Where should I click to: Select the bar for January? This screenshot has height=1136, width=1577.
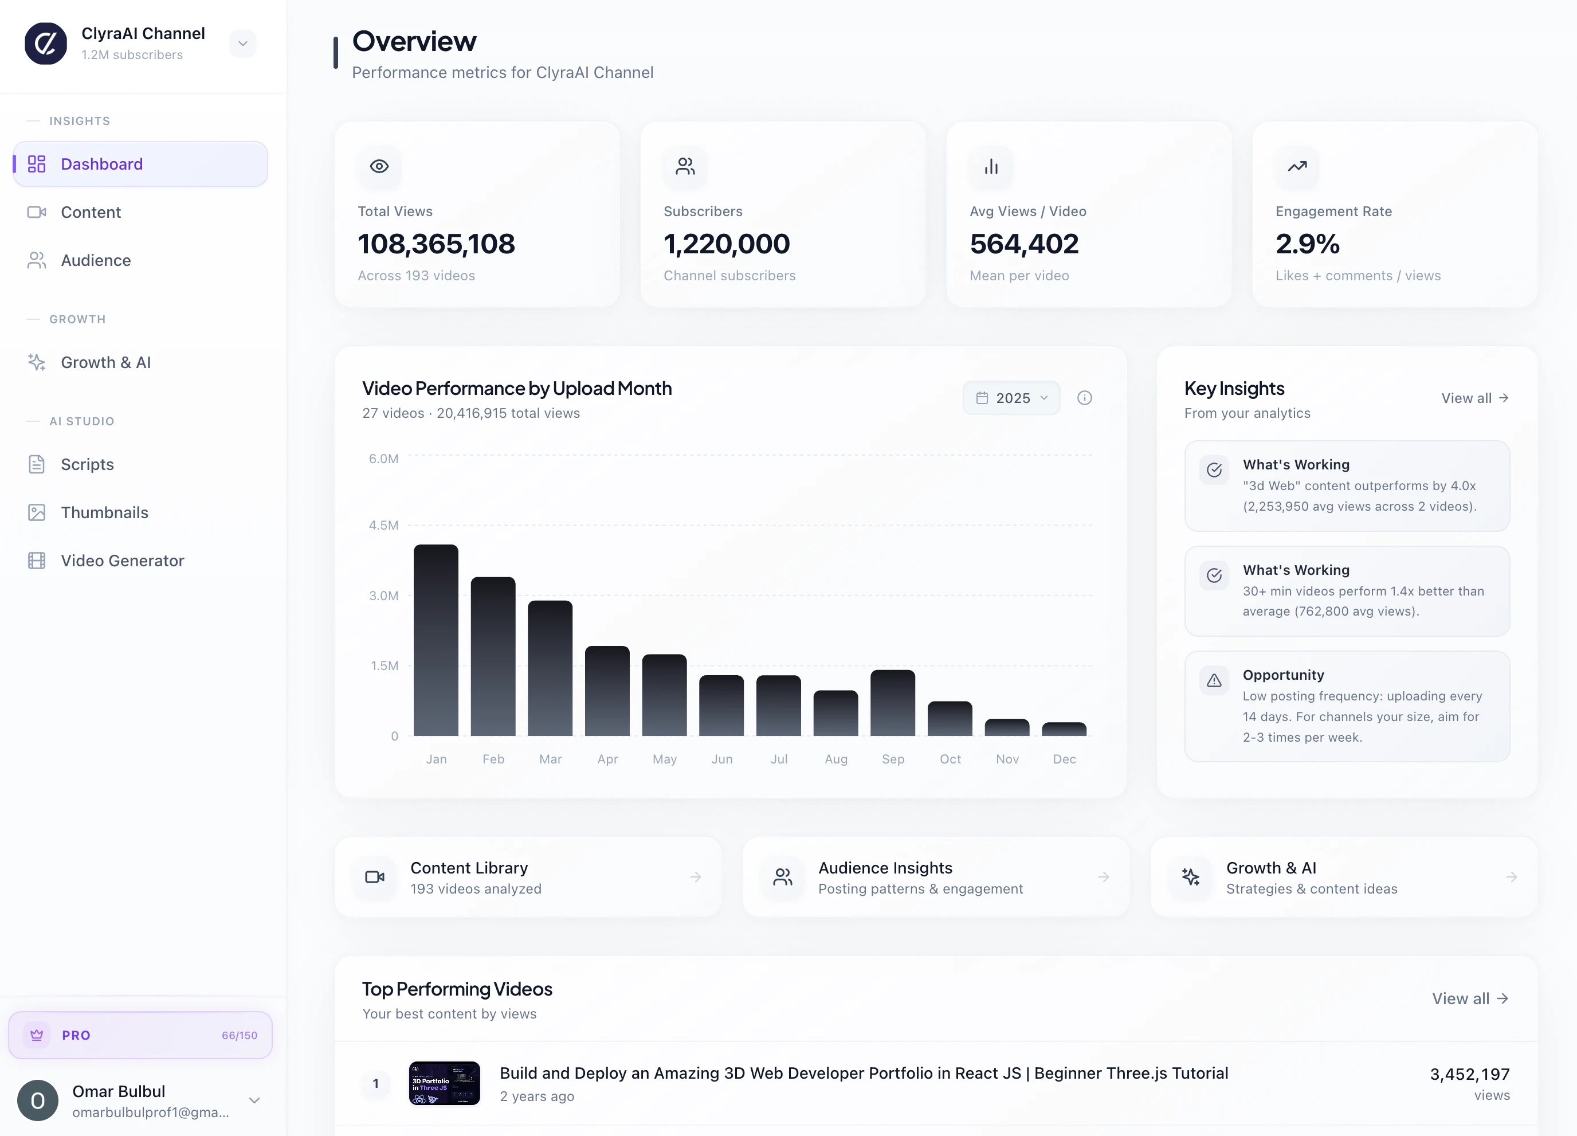click(436, 640)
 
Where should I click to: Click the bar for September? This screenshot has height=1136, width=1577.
click(892, 703)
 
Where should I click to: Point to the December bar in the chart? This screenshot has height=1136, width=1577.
click(1064, 729)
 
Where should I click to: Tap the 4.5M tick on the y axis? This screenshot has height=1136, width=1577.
click(384, 525)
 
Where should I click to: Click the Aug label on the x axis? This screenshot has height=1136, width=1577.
click(836, 759)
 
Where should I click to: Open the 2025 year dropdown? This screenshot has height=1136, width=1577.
click(1011, 398)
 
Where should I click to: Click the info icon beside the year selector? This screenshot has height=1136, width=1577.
click(1084, 398)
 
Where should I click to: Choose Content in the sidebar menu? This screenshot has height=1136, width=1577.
click(91, 212)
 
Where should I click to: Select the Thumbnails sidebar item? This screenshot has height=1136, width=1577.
click(104, 513)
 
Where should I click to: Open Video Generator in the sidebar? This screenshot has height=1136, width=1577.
click(123, 561)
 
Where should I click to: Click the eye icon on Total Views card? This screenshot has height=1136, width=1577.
click(379, 166)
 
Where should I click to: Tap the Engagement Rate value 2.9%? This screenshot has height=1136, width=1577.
click(1307, 244)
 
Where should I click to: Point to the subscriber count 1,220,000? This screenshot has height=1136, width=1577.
click(727, 244)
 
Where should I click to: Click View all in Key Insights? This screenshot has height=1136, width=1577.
click(1474, 398)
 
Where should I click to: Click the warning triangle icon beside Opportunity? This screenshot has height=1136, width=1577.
click(1214, 680)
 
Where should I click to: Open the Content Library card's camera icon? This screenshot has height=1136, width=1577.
click(375, 877)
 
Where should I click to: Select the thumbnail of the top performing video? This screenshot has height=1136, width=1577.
click(444, 1083)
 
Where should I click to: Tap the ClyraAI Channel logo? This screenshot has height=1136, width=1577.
click(46, 43)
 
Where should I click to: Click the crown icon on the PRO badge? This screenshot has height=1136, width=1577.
click(37, 1035)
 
